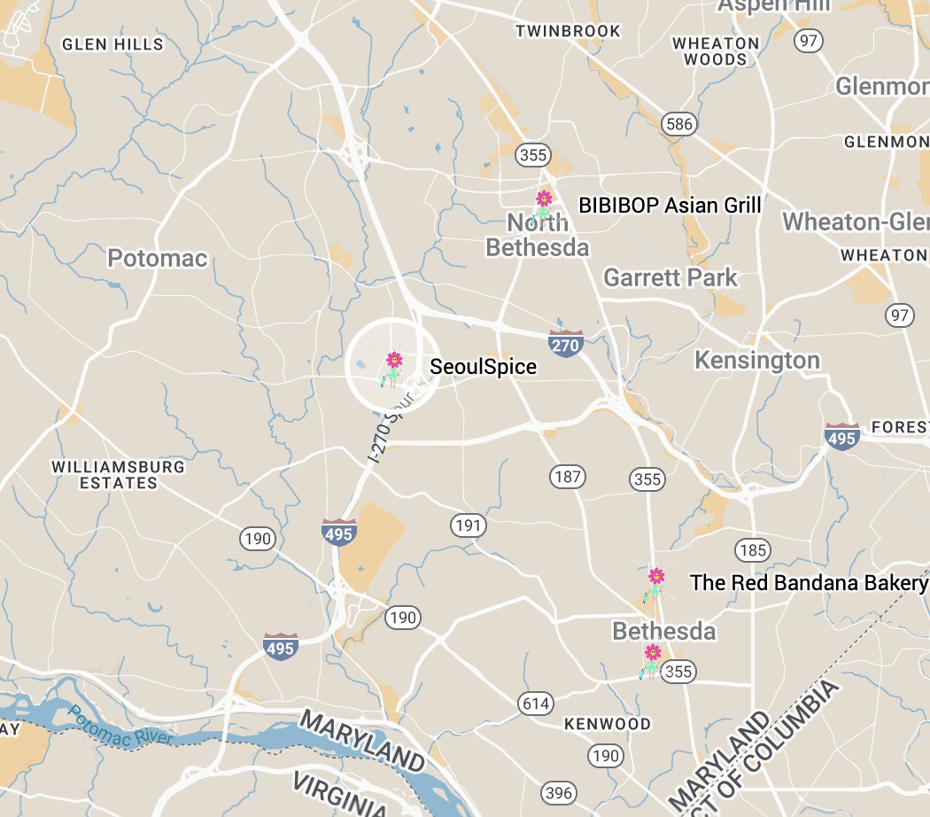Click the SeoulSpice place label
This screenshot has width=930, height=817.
483,366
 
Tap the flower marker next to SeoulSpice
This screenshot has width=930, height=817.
393,365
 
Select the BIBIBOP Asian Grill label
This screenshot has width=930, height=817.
670,206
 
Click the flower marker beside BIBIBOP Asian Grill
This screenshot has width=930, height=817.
543,203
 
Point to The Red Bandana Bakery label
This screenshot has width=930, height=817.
809,583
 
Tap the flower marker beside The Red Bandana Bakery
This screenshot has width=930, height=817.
655,581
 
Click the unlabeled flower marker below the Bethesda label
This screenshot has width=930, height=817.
652,657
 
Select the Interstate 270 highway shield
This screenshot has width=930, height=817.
565,344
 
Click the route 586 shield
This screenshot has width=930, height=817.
679,124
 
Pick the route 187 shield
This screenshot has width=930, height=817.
567,477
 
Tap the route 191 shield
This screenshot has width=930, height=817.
468,525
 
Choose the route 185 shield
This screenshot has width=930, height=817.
752,550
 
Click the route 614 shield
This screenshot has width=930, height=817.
536,704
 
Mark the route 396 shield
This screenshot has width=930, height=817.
559,792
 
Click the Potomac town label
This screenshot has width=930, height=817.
158,259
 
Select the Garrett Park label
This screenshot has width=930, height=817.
670,277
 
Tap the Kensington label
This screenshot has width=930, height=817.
757,361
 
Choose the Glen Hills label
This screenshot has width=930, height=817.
112,43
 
